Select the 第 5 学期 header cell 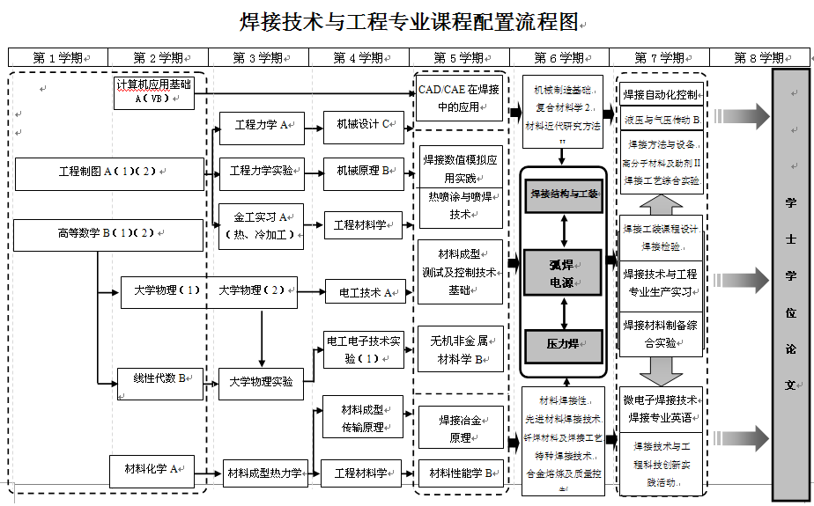[x=459, y=58]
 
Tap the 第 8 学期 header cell [x=759, y=58]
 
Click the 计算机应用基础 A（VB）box [x=153, y=92]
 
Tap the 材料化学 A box [x=152, y=470]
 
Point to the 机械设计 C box [x=363, y=125]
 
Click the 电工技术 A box [x=364, y=291]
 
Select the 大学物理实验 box [x=261, y=383]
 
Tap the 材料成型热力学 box [x=263, y=473]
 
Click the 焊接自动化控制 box [x=662, y=95]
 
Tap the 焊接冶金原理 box [x=460, y=428]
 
